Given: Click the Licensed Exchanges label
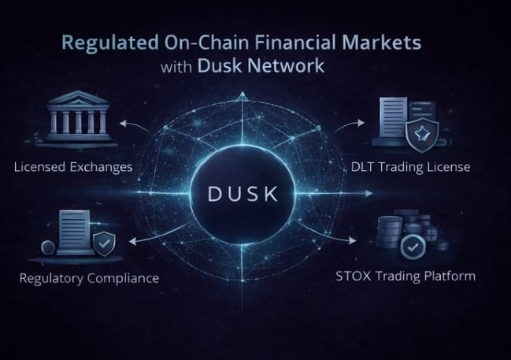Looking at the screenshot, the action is click(73, 167).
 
